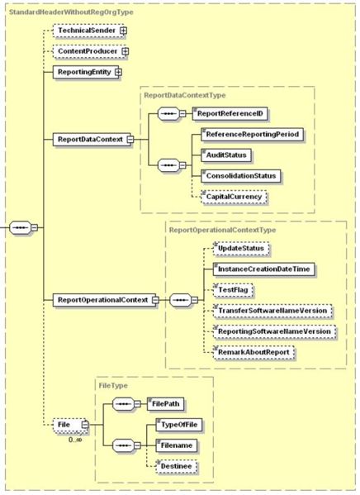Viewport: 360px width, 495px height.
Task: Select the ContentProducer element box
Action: tap(89, 51)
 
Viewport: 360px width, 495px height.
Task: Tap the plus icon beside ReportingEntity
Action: tap(118, 72)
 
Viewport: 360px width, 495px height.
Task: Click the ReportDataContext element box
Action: tap(92, 139)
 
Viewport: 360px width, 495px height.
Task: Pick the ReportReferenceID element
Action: tap(230, 114)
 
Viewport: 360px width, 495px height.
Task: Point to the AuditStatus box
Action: tap(226, 155)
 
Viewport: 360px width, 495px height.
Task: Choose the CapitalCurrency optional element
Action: tap(234, 197)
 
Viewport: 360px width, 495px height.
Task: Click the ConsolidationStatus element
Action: tap(241, 176)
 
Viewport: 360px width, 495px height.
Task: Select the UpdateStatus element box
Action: tap(241, 249)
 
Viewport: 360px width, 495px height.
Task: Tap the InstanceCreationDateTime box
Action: tap(263, 269)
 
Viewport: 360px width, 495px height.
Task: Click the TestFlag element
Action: tap(233, 290)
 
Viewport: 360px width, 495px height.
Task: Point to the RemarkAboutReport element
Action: tap(253, 352)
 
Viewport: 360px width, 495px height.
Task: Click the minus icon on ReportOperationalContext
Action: tap(155, 300)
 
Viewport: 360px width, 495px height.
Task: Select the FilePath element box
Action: tap(165, 404)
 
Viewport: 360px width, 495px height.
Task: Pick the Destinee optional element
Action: tap(176, 466)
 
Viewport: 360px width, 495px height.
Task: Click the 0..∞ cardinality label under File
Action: tap(75, 439)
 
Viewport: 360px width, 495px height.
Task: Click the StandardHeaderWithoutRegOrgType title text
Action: tap(71, 12)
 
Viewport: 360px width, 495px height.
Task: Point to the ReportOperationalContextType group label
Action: tap(222, 230)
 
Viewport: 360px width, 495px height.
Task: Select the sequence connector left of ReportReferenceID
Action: tap(168, 114)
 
